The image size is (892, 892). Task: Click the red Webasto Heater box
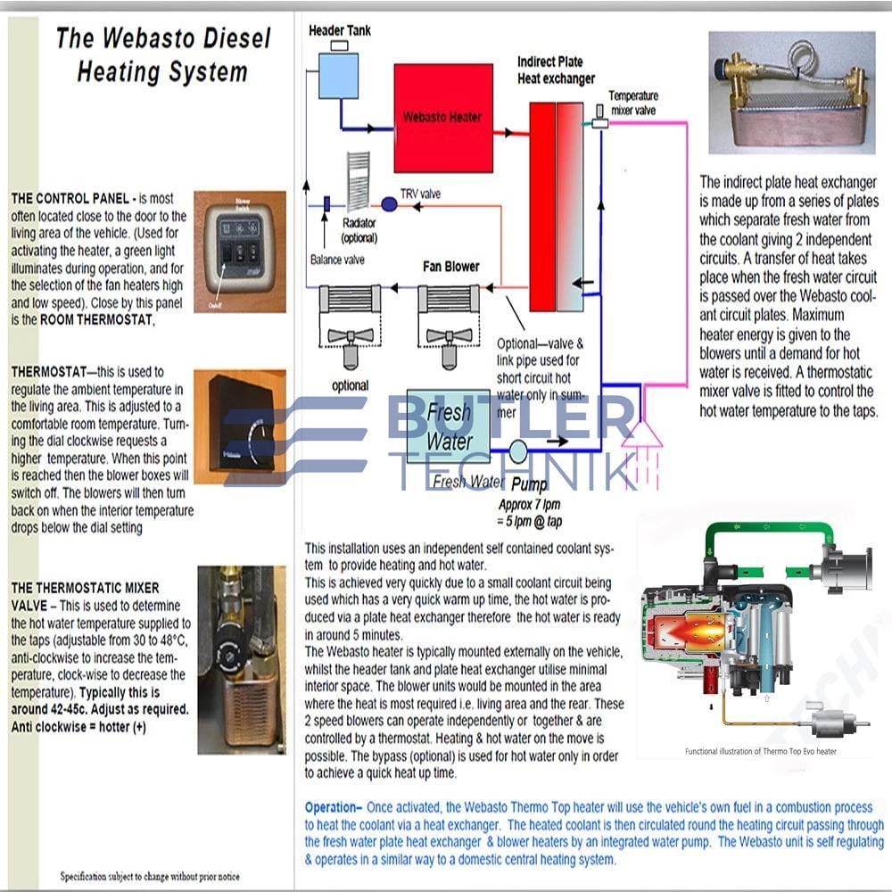click(x=442, y=116)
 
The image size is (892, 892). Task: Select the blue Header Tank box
click(x=336, y=74)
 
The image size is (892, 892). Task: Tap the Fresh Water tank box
click(x=448, y=425)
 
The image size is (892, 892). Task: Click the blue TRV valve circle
click(x=389, y=204)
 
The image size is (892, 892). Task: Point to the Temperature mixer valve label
click(x=633, y=102)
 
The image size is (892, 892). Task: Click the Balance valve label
click(x=338, y=260)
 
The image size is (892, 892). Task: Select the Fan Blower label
click(x=450, y=267)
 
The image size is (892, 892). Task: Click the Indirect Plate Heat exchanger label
click(x=556, y=70)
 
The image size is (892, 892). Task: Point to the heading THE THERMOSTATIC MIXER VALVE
click(x=85, y=596)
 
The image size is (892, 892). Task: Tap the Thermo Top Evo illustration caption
click(x=761, y=751)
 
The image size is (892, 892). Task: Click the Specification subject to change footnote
click(x=150, y=876)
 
